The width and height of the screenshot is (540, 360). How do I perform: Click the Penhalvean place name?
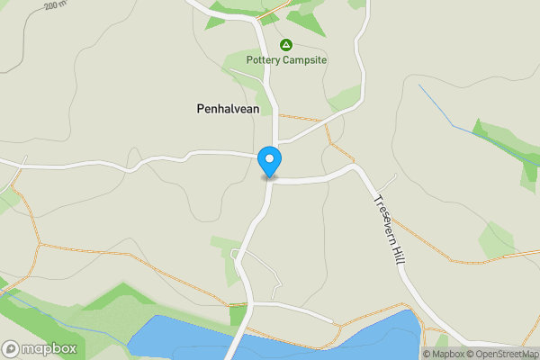tap(227, 109)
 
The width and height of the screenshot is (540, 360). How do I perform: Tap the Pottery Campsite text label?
tap(286, 60)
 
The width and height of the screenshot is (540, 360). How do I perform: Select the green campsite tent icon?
tap(286, 44)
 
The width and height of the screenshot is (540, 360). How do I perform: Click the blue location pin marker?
tap(269, 163)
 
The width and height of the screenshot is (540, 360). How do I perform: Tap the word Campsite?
tap(307, 60)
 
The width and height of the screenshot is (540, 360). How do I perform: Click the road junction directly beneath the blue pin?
tap(269, 179)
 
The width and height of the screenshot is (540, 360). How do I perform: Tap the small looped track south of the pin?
tap(256, 270)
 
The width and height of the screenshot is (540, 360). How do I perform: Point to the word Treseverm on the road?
tap(382, 217)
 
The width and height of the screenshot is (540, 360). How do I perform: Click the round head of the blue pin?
tap(269, 158)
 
